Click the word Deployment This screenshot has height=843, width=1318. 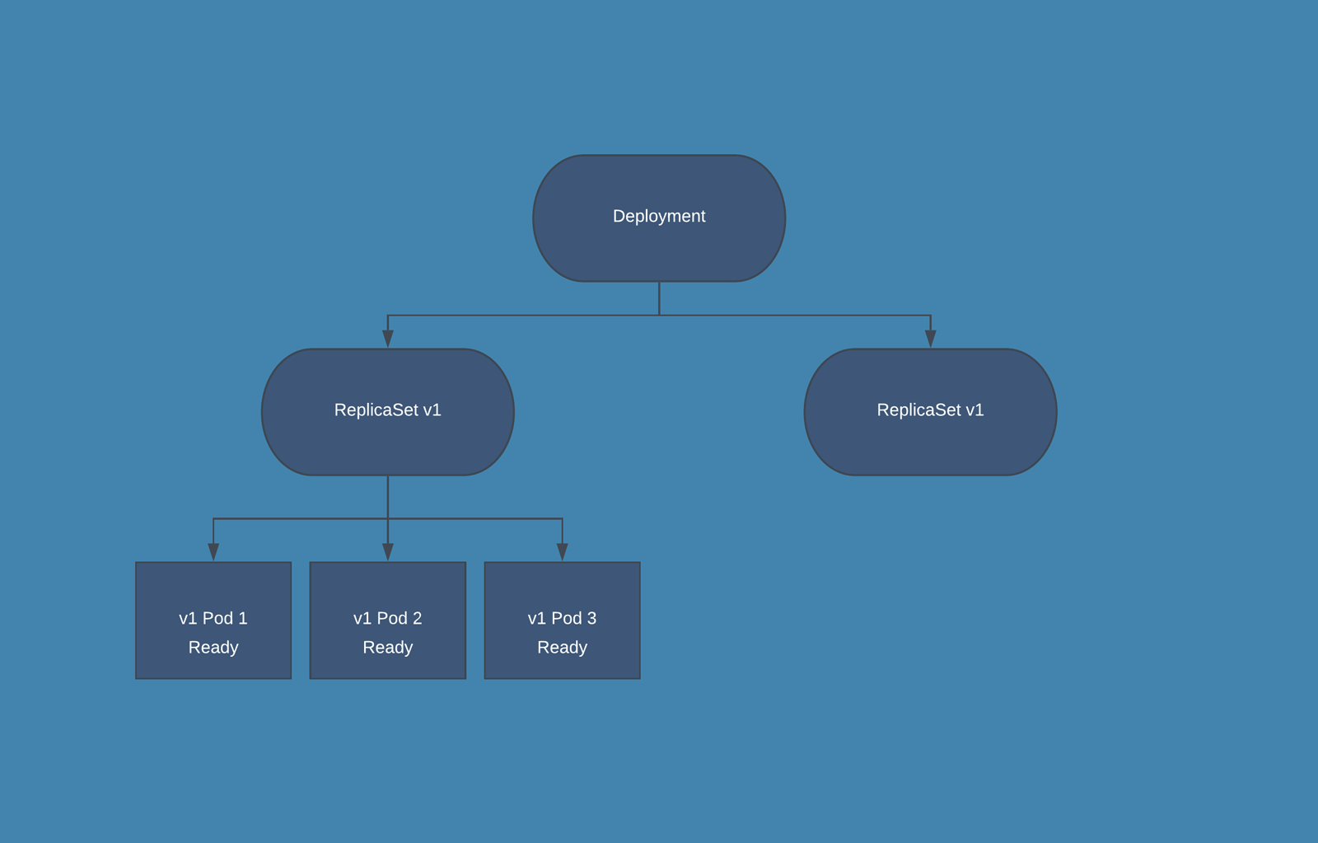(x=659, y=216)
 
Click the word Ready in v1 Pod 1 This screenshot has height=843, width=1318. (x=213, y=648)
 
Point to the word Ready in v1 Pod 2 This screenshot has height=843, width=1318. (x=387, y=648)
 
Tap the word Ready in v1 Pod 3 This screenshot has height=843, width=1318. (x=562, y=648)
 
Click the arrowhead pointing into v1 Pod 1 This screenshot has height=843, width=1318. (x=213, y=552)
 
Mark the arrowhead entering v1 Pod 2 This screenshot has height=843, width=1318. (x=388, y=552)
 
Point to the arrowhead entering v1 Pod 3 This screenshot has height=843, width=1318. (x=563, y=552)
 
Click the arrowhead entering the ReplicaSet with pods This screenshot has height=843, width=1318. (x=388, y=339)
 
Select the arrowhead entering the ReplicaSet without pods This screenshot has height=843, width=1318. (x=931, y=339)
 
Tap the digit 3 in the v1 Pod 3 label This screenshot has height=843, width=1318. (x=591, y=618)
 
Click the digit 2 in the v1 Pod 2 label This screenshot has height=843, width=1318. (x=417, y=618)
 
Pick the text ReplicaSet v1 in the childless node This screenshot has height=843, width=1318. (x=930, y=410)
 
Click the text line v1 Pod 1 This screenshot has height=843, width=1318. (x=213, y=618)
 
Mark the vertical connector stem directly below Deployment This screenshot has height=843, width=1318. (x=659, y=298)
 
